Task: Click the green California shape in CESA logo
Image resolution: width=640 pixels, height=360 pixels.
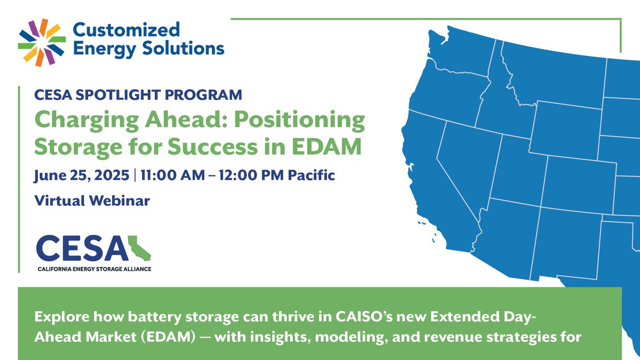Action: (x=139, y=247)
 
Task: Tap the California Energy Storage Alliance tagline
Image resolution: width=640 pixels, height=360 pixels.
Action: (x=93, y=269)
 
